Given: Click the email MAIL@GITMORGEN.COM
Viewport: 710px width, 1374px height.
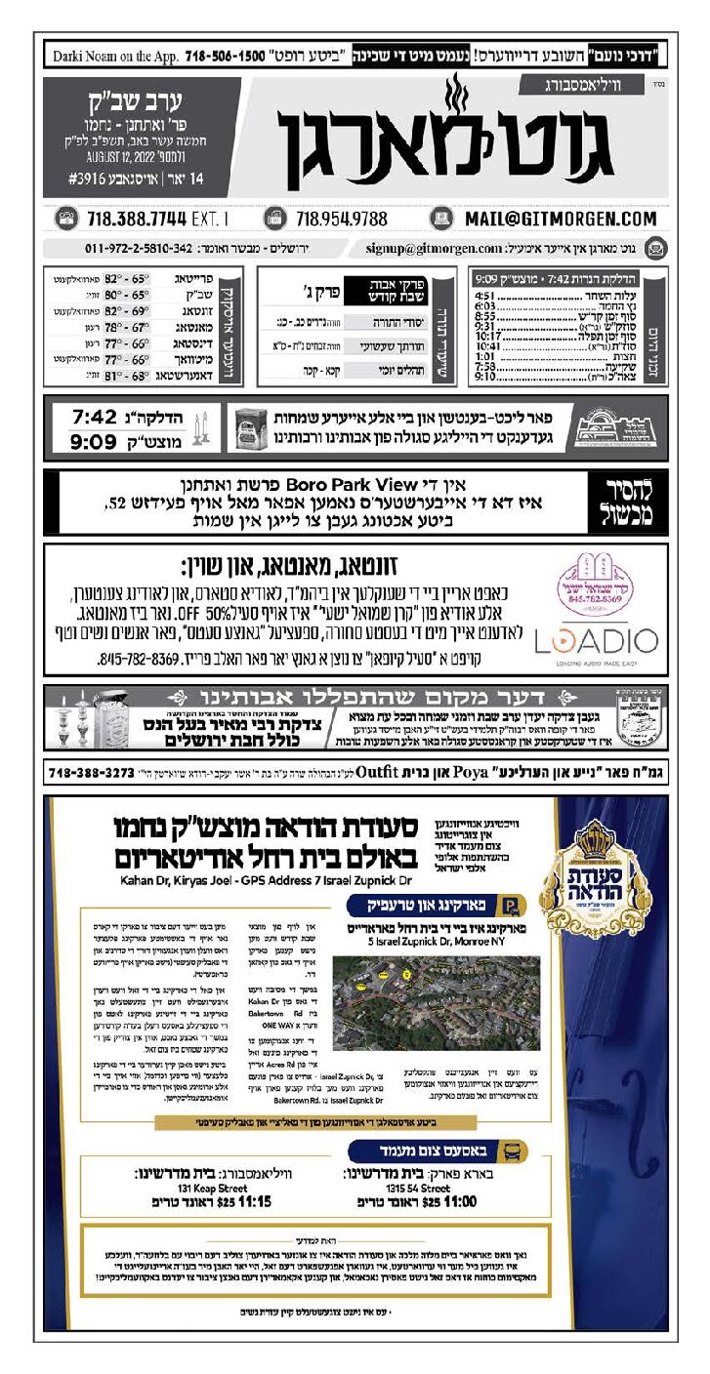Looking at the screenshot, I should click(560, 219).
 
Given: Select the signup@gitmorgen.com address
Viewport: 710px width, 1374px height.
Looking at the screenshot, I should click(434, 248).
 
